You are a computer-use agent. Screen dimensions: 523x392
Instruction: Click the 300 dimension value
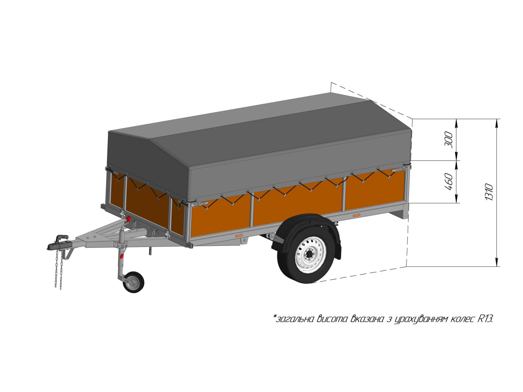(x=449, y=140)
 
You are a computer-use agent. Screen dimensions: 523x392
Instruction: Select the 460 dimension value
(x=449, y=182)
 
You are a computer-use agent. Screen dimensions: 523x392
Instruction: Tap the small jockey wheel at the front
(x=134, y=282)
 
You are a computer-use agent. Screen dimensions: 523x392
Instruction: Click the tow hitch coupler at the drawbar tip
(x=58, y=243)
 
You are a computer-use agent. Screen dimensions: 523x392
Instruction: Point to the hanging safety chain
(x=59, y=269)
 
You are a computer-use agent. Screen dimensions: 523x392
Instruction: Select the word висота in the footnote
(x=332, y=319)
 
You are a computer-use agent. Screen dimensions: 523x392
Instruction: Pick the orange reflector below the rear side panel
(x=357, y=216)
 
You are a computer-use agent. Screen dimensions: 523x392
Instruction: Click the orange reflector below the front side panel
(x=239, y=236)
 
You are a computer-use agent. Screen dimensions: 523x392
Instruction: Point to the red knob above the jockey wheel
(x=121, y=256)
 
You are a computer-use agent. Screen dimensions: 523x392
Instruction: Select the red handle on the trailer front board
(x=129, y=218)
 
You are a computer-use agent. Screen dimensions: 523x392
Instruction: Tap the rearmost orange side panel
(x=374, y=190)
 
